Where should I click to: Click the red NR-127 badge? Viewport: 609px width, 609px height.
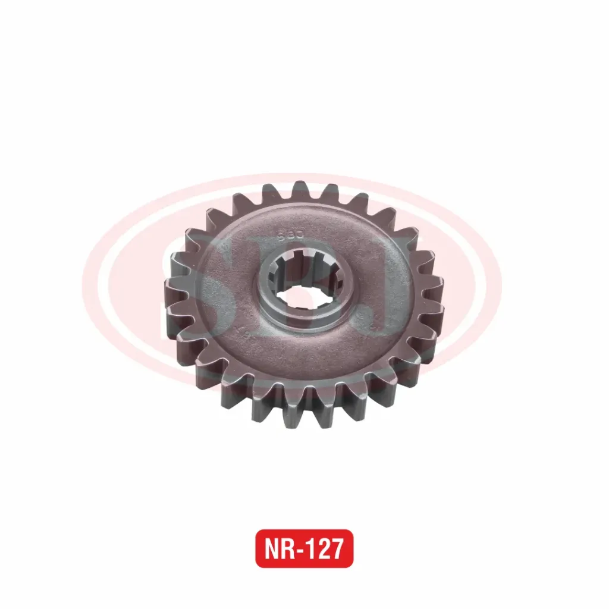304,548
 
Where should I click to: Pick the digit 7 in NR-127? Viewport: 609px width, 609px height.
337,549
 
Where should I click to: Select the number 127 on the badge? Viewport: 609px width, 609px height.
325,549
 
